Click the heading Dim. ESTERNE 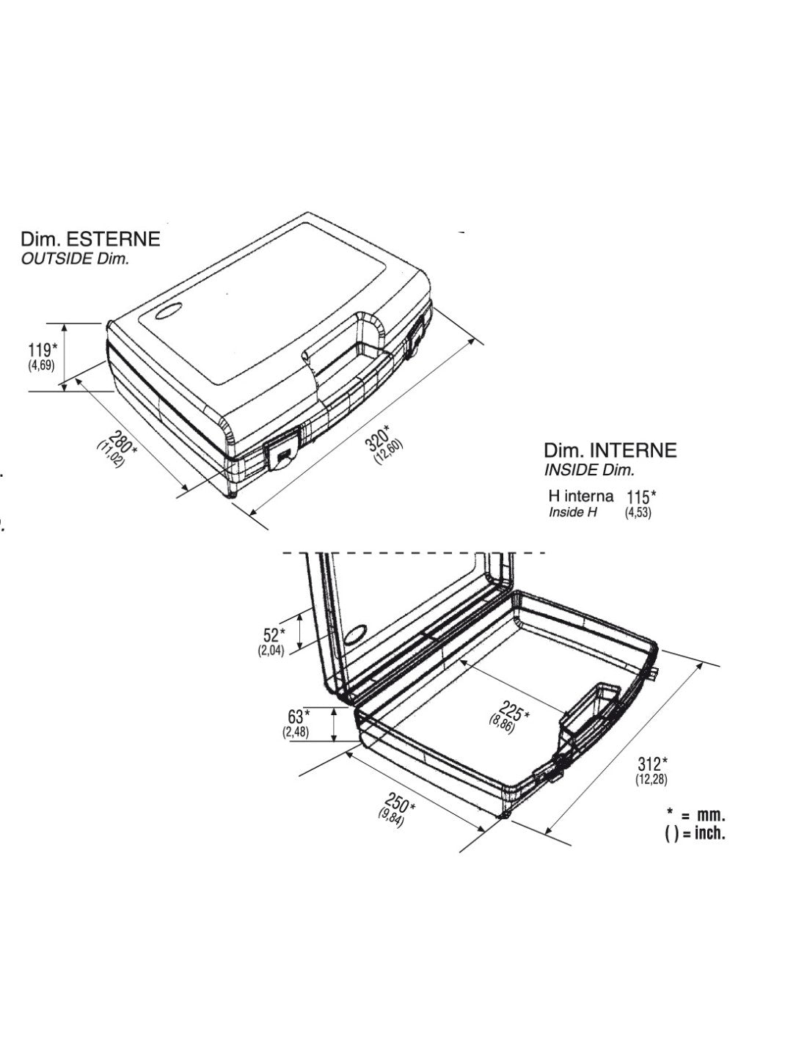[x=90, y=239]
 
